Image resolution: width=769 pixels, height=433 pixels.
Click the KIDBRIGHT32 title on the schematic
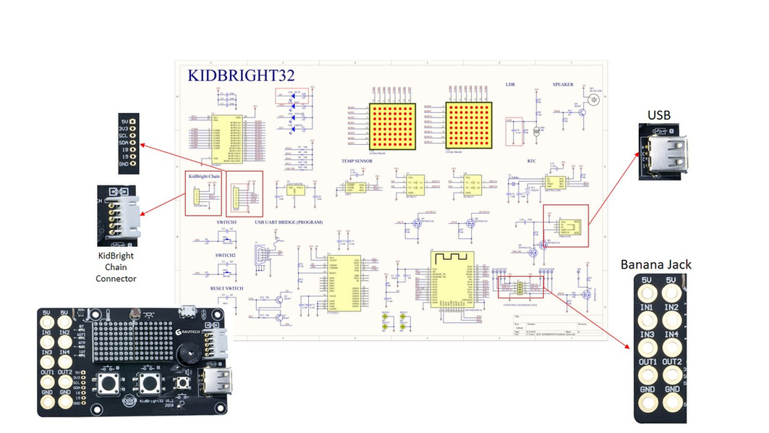[x=241, y=75]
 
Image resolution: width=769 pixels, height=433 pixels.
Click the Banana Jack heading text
[x=655, y=264]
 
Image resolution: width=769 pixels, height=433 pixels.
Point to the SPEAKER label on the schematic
[x=563, y=85]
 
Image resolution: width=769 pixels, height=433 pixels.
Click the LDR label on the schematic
[x=510, y=85]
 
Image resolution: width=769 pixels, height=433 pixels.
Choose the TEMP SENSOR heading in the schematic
[x=357, y=161]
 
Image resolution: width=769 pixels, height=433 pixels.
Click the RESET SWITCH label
[x=226, y=287]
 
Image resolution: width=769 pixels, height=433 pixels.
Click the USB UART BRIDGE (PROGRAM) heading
[x=288, y=222]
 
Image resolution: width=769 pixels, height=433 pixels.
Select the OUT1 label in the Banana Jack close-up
[x=647, y=361]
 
